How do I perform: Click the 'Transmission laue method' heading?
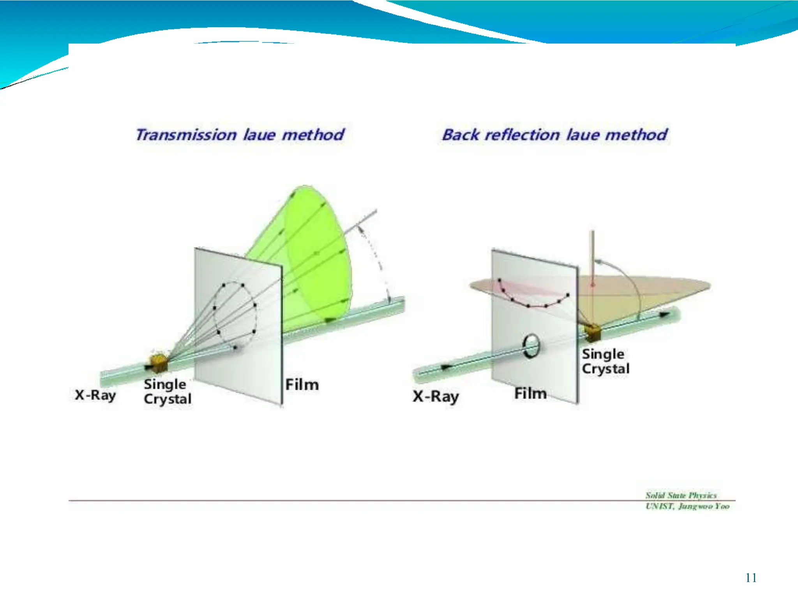pyautogui.click(x=240, y=135)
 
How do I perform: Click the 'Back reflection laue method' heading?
pyautogui.click(x=554, y=135)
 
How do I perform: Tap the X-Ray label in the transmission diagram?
pyautogui.click(x=95, y=395)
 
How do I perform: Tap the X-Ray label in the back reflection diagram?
pyautogui.click(x=436, y=397)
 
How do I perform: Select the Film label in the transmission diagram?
pyautogui.click(x=302, y=385)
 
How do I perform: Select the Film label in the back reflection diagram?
pyautogui.click(x=530, y=393)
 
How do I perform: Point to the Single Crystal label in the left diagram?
pyautogui.click(x=167, y=391)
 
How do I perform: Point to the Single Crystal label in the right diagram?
pyautogui.click(x=605, y=361)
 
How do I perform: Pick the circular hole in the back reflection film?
pyautogui.click(x=531, y=345)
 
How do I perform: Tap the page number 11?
pyautogui.click(x=751, y=578)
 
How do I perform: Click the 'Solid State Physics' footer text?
pyautogui.click(x=681, y=495)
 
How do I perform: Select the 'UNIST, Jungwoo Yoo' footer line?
pyautogui.click(x=687, y=506)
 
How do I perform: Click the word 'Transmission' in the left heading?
pyautogui.click(x=186, y=135)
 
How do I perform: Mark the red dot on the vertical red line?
pyautogui.click(x=593, y=285)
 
